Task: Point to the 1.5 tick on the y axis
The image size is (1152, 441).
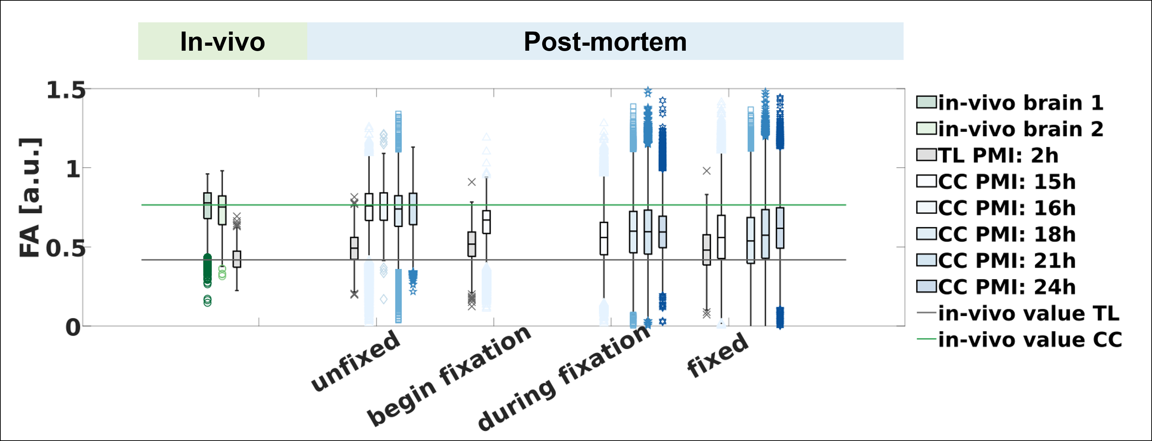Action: [66, 90]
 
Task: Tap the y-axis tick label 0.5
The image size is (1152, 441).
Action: [66, 248]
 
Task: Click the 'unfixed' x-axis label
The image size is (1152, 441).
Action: [355, 361]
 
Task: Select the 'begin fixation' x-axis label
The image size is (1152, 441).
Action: [449, 376]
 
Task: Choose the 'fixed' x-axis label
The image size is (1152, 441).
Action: [717, 355]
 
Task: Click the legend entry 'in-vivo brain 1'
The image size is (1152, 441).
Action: [1010, 103]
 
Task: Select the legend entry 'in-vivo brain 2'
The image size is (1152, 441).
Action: [1010, 129]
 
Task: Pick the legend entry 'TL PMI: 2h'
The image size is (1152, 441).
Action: [988, 156]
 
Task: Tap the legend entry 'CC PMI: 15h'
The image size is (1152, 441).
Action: [996, 182]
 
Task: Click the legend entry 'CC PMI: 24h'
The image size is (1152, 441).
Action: [996, 287]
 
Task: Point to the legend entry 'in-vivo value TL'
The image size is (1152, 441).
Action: [1018, 313]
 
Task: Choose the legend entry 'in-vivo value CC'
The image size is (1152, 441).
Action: [1019, 340]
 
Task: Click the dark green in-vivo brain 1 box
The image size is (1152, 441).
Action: [208, 206]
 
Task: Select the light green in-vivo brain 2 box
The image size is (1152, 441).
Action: [222, 210]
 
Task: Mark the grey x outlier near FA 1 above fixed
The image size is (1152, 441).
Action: [707, 171]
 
